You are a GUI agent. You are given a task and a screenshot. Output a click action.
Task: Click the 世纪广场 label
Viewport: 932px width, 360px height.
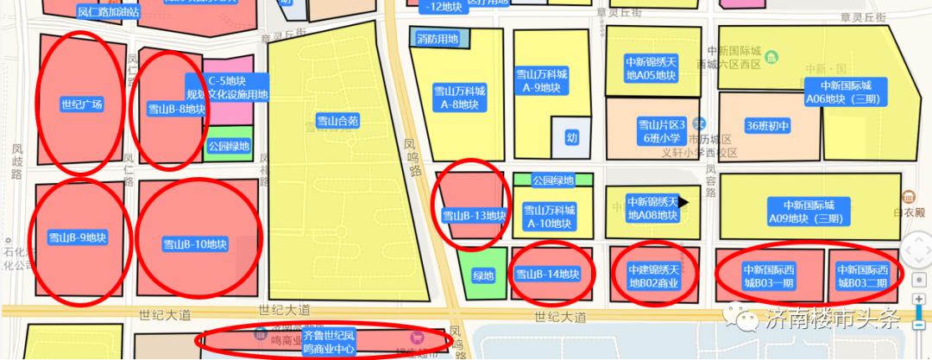point(82,104)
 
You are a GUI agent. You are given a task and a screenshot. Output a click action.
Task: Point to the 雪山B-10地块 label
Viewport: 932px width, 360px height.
point(195,243)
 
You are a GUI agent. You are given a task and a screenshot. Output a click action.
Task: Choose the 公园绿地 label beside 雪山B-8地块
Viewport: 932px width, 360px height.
point(229,146)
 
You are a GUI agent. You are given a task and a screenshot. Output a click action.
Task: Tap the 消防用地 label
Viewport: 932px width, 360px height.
point(438,39)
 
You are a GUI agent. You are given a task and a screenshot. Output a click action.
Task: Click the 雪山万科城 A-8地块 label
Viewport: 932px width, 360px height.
point(463,98)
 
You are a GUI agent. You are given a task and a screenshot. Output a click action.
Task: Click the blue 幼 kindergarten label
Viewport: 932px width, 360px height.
point(571,137)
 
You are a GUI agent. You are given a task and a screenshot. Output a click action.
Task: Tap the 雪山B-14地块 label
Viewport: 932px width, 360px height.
point(546,275)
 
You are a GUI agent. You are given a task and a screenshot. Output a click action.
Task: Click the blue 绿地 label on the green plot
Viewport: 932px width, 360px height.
point(483,275)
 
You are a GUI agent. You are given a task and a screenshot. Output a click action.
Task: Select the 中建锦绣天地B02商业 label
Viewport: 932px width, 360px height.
point(655,276)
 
